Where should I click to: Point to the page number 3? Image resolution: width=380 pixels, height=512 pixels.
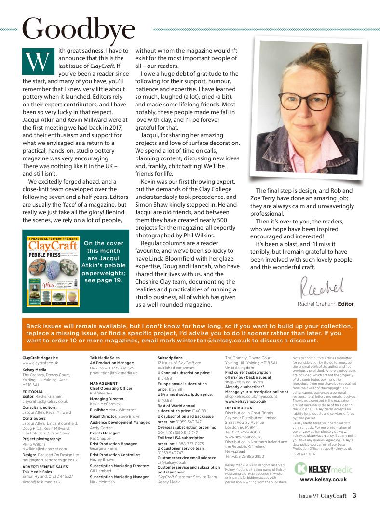tap(354, 494)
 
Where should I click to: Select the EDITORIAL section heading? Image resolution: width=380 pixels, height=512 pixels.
tap(33, 392)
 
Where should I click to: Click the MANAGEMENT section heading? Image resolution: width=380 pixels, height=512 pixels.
tap(104, 383)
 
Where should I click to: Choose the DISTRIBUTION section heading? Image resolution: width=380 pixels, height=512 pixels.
tap(239, 408)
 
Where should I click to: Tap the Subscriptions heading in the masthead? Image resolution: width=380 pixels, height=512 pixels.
tap(170, 358)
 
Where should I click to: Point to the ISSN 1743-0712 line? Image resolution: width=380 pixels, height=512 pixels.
tap(304, 453)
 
